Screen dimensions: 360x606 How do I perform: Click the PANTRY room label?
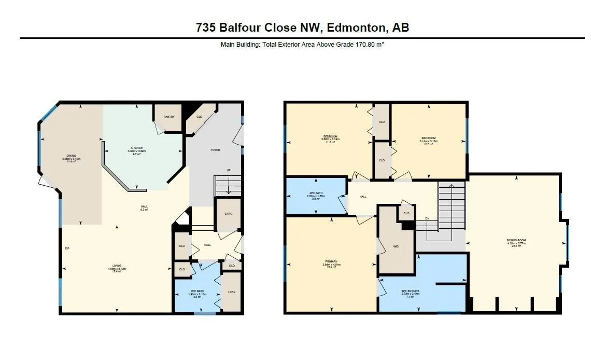click(169, 117)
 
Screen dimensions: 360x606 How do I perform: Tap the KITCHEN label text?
click(137, 148)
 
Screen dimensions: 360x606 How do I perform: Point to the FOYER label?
click(215, 150)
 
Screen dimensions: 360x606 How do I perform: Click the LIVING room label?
click(117, 269)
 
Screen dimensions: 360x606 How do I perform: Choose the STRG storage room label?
click(229, 214)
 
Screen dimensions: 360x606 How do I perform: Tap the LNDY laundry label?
click(232, 292)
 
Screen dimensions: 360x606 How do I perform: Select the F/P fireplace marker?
click(67, 249)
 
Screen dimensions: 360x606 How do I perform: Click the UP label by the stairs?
click(229, 170)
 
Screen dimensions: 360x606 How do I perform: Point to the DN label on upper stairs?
click(427, 218)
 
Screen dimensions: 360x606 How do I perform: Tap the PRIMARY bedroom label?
click(332, 261)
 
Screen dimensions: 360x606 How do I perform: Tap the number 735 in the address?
click(206, 27)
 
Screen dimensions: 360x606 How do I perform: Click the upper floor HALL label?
click(363, 197)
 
